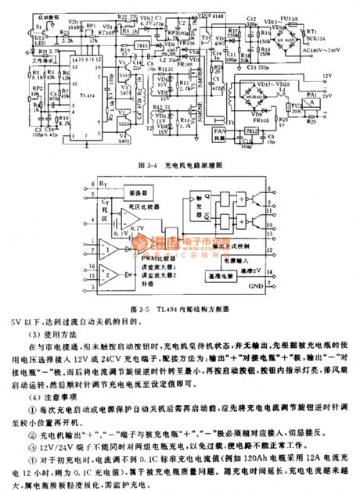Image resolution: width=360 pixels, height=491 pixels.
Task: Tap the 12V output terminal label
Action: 327,76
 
